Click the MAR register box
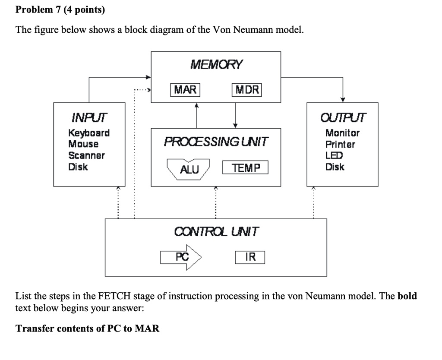[x=185, y=90]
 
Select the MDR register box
[x=247, y=90]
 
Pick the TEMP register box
[x=246, y=168]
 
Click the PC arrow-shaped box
[x=182, y=257]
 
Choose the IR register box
[x=250, y=257]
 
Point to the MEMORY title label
[x=216, y=65]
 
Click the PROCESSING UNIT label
[x=216, y=142]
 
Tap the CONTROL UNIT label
[x=216, y=232]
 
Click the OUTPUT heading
[x=343, y=117]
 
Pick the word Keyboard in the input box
[x=89, y=133]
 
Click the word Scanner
[x=86, y=155]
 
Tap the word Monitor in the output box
[x=342, y=133]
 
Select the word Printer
[x=340, y=144]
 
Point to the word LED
[x=334, y=155]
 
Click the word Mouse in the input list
[x=83, y=144]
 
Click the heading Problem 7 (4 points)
[x=60, y=9]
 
